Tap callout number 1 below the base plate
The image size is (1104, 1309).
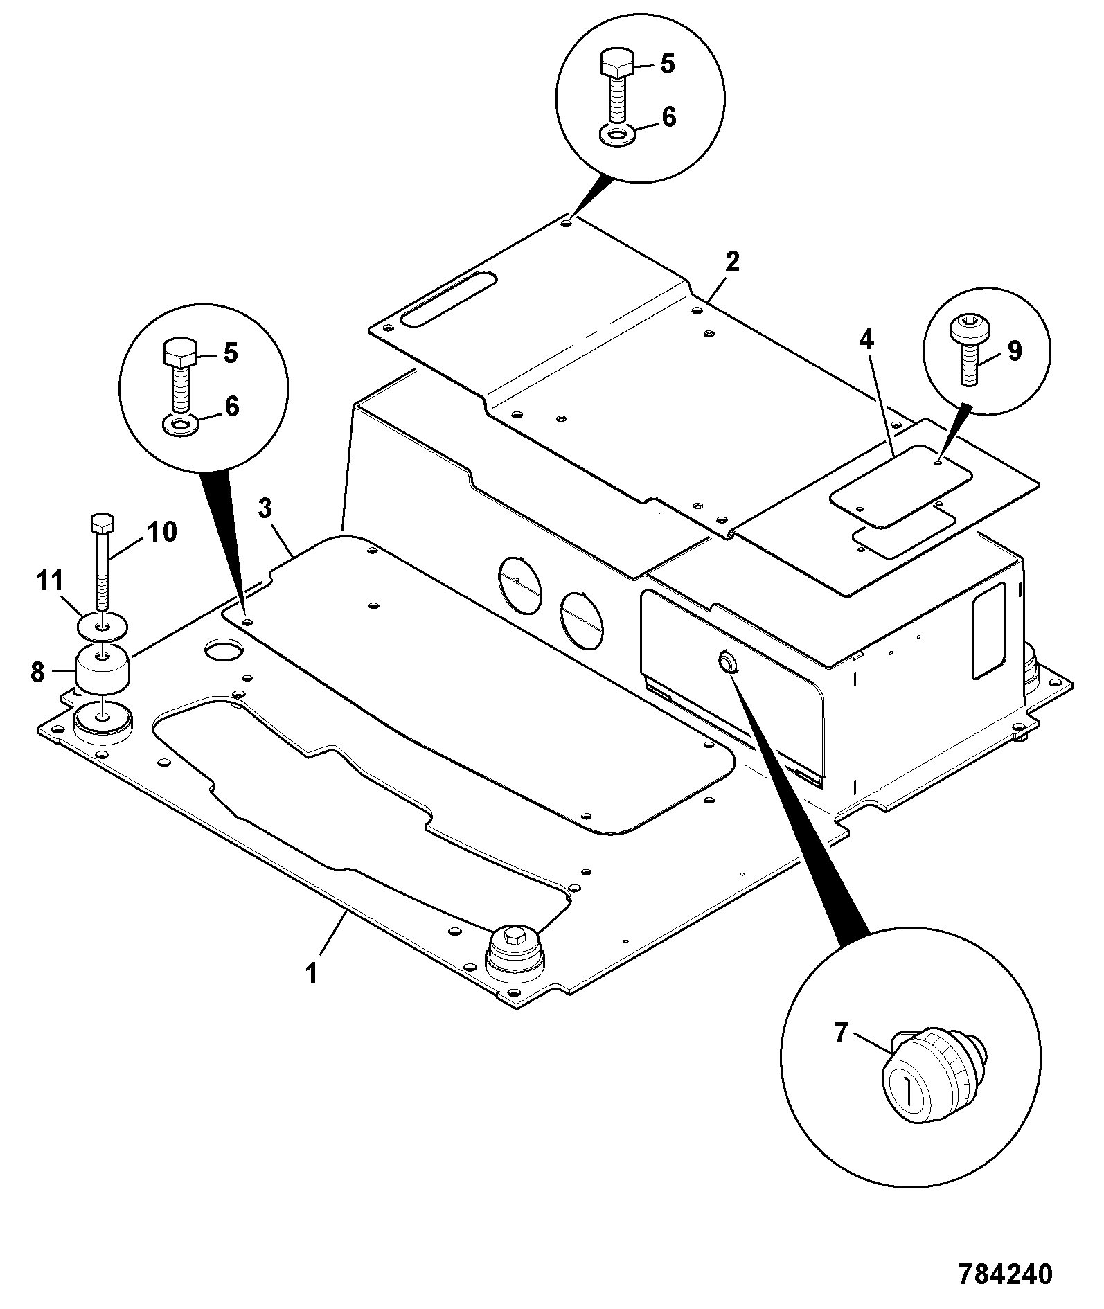312,972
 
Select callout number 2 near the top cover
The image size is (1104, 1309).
732,262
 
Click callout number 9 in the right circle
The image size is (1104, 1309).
161,531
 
